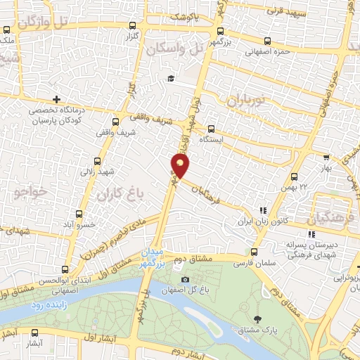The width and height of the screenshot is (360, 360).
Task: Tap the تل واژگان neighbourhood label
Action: (x=46, y=22)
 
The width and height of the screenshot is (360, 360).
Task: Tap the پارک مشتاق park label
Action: (x=266, y=329)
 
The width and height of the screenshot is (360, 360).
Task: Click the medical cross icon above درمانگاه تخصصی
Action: (x=56, y=99)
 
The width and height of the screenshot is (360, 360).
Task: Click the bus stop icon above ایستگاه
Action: (x=211, y=128)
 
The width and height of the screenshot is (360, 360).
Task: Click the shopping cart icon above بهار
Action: (x=325, y=158)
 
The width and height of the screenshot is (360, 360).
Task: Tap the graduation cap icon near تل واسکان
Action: (x=170, y=78)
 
